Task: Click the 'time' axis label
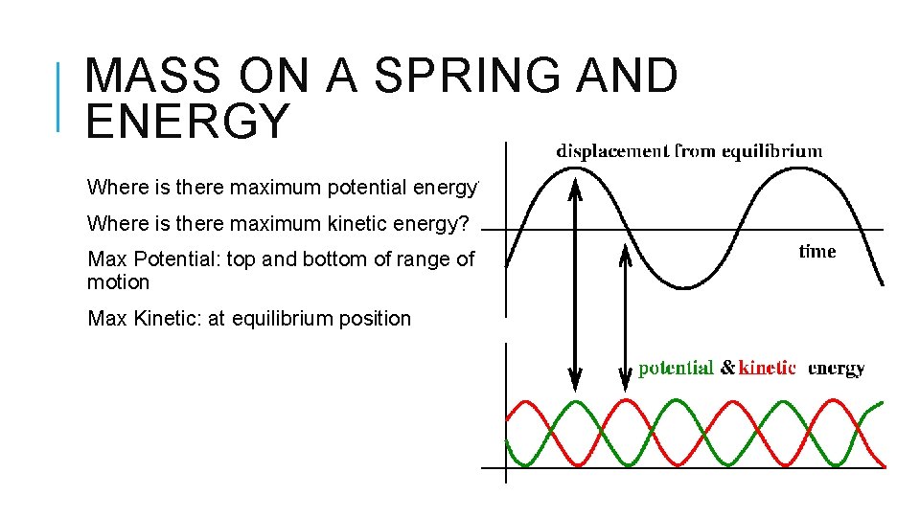pyautogui.click(x=816, y=252)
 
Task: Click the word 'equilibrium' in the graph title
pyautogui.click(x=772, y=150)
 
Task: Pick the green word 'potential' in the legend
pyautogui.click(x=676, y=368)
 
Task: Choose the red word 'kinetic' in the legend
pyautogui.click(x=768, y=368)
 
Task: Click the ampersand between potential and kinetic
pyautogui.click(x=727, y=368)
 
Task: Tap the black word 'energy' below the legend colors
pyautogui.click(x=837, y=368)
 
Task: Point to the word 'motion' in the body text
pyautogui.click(x=118, y=282)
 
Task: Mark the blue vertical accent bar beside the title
pyautogui.click(x=58, y=96)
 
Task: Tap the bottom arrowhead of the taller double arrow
pyautogui.click(x=575, y=384)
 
